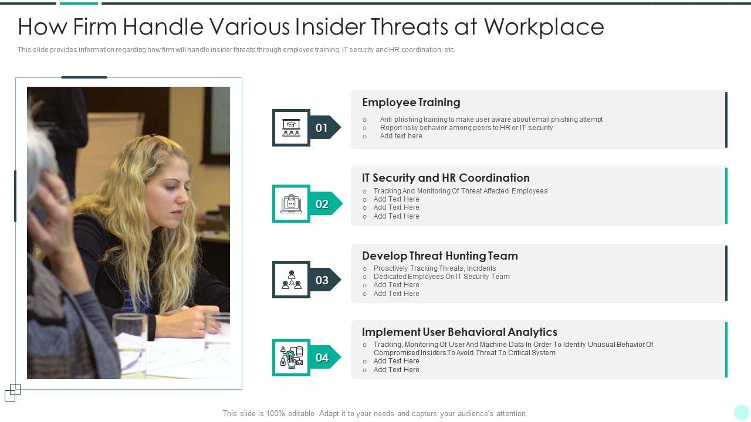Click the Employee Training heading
point(411,103)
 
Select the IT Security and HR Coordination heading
point(445,178)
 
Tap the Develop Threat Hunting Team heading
point(439,256)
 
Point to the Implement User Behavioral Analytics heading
point(459,332)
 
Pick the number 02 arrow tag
point(324,204)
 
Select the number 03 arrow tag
point(324,280)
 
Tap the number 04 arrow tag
point(324,358)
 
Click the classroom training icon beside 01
point(291,127)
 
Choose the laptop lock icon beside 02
point(291,203)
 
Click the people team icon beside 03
point(291,280)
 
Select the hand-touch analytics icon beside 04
point(291,358)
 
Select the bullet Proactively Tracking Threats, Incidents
point(435,268)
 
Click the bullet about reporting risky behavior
point(466,128)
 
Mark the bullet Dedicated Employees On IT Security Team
point(441,277)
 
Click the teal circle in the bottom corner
point(742,413)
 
